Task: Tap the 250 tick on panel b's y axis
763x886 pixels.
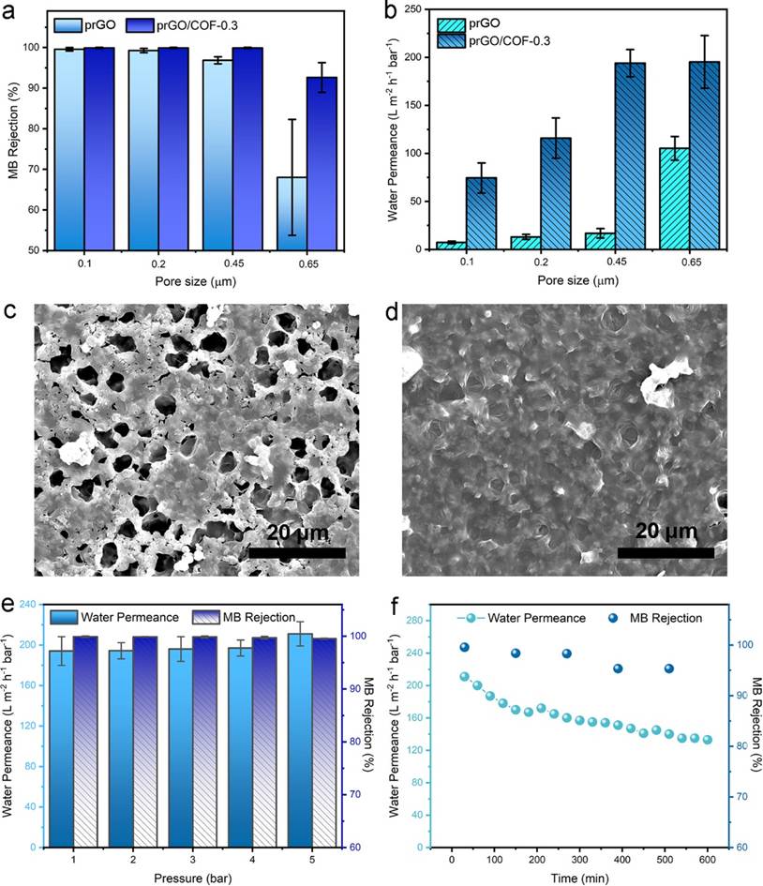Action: point(417,9)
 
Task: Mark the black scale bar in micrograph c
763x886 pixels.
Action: point(296,553)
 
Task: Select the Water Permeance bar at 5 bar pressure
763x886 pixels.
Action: point(298,741)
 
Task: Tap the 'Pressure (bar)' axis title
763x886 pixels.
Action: point(189,879)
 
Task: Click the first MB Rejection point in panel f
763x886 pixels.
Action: point(464,647)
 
